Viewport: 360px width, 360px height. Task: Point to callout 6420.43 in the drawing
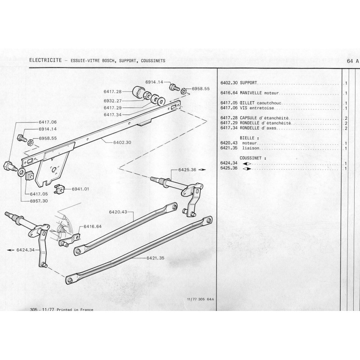(118, 211)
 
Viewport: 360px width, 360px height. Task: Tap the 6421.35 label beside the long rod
(156, 258)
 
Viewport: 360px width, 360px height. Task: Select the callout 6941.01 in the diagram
(81, 189)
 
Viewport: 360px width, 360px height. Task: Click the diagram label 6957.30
(39, 201)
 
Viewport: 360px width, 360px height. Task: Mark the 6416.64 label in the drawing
(92, 227)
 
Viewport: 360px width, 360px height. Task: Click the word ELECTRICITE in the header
(45, 60)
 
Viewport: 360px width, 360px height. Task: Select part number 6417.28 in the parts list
(229, 118)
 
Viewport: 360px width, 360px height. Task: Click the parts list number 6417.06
(229, 108)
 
